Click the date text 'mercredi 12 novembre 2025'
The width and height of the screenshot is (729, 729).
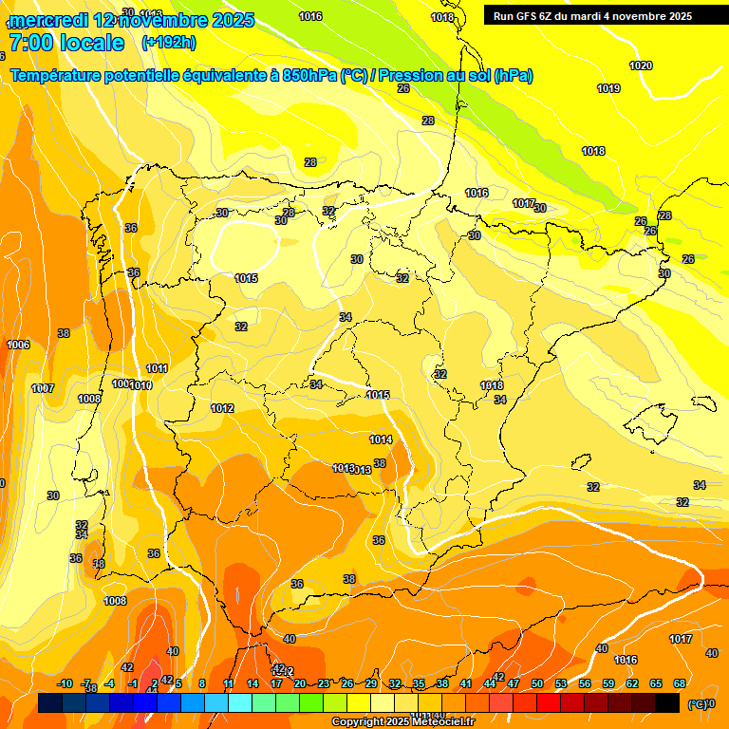(x=131, y=20)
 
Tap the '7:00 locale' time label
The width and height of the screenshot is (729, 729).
(x=66, y=43)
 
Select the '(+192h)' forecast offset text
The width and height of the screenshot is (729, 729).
(x=169, y=43)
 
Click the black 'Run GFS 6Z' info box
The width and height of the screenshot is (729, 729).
(x=604, y=16)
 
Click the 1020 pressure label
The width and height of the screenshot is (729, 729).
(x=641, y=65)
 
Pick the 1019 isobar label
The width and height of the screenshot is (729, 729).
(x=608, y=88)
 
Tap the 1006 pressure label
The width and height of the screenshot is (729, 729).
(x=18, y=345)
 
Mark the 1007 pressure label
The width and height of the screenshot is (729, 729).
(x=42, y=388)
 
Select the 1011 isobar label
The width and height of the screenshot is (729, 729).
(x=158, y=368)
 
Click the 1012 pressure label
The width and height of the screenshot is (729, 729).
(x=222, y=408)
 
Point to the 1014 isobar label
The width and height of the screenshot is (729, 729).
(x=381, y=439)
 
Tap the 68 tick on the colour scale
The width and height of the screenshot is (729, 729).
(x=680, y=683)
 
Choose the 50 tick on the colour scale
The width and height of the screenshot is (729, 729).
(x=537, y=683)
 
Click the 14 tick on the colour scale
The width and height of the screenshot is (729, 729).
(x=252, y=683)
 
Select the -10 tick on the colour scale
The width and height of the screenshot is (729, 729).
(x=65, y=683)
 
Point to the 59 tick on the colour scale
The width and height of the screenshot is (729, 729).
(x=608, y=683)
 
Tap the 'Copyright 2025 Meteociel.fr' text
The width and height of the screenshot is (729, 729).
(x=403, y=721)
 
